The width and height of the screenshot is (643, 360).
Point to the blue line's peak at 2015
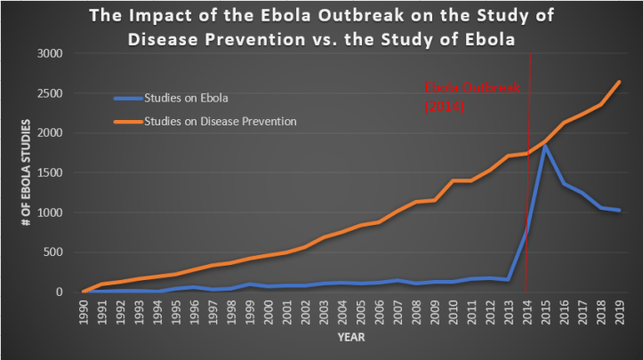coord(544,146)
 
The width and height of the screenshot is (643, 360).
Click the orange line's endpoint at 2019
coord(619,82)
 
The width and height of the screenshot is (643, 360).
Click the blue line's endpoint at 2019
coord(619,211)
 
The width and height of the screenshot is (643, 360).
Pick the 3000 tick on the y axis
coord(50,53)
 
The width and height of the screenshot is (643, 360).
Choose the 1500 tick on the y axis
coord(50,172)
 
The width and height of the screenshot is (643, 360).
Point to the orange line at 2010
coord(452,180)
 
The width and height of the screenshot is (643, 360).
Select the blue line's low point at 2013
coord(508,279)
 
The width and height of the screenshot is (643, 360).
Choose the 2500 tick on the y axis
coord(50,93)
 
